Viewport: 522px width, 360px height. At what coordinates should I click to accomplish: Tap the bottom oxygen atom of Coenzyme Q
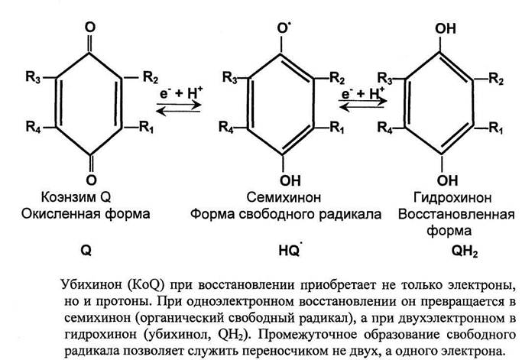[91, 163]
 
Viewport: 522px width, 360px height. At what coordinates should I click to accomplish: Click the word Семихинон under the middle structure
[282, 196]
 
